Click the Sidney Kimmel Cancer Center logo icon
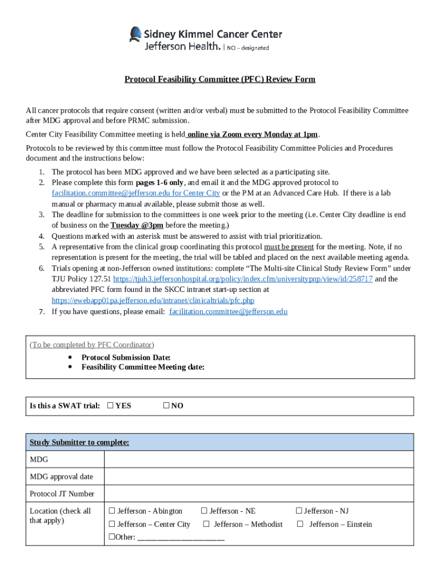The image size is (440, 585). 135,35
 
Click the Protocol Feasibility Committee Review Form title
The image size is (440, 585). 220,79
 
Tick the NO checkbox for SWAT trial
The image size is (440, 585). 166,406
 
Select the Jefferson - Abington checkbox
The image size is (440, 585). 113,511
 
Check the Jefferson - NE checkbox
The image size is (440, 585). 204,511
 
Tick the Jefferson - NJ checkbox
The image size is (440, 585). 298,511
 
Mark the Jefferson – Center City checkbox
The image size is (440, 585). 113,524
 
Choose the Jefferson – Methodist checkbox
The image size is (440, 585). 206,524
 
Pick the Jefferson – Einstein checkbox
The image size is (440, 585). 300,524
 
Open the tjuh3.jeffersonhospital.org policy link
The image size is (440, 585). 243,279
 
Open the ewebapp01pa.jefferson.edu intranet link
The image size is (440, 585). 153,300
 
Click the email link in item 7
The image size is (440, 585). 229,311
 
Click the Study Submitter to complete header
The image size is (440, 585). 79,442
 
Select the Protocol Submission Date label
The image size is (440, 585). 126,357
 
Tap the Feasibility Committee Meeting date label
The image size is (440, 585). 143,367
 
